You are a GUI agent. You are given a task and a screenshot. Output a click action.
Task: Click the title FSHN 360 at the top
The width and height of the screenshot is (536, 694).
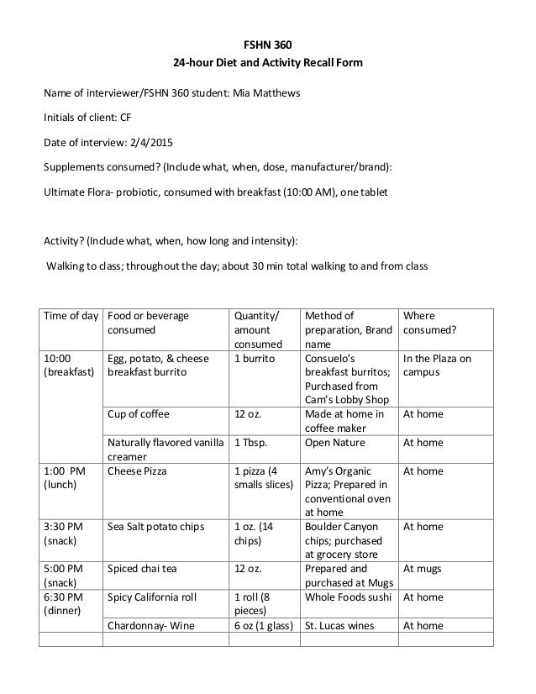(268, 45)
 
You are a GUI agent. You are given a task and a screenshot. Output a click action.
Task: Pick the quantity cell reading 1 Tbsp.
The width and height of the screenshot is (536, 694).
(250, 442)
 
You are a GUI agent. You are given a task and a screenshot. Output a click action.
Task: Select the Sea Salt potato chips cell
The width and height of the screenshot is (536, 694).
(156, 527)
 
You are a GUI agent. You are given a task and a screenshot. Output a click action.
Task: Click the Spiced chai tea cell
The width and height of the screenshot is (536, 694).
(142, 569)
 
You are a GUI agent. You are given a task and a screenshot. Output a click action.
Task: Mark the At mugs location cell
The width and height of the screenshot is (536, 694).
(423, 569)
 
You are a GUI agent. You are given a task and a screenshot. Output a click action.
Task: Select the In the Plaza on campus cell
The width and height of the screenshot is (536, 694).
(437, 365)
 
